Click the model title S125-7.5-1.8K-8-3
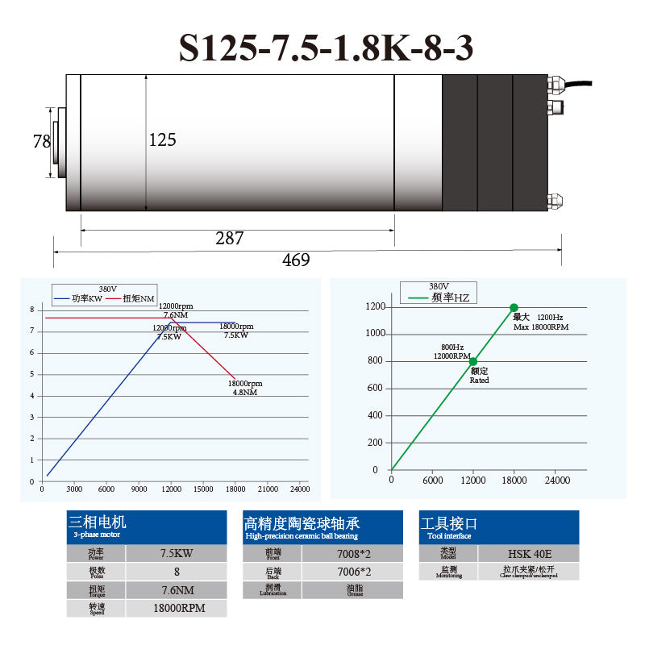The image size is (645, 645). [326, 48]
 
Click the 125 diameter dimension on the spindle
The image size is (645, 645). [162, 139]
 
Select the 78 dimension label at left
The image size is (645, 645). [42, 142]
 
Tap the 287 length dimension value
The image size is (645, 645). [230, 238]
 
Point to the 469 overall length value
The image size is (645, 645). [295, 260]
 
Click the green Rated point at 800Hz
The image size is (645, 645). [473, 362]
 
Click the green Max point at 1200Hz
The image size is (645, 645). [514, 307]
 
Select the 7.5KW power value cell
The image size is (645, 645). [177, 554]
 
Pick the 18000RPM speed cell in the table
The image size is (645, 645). [177, 608]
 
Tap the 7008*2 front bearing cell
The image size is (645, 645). [352, 554]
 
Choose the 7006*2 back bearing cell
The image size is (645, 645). [352, 572]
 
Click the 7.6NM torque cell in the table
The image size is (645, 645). [177, 589]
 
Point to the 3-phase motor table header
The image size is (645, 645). [145, 526]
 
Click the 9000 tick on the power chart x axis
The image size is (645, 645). [139, 489]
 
